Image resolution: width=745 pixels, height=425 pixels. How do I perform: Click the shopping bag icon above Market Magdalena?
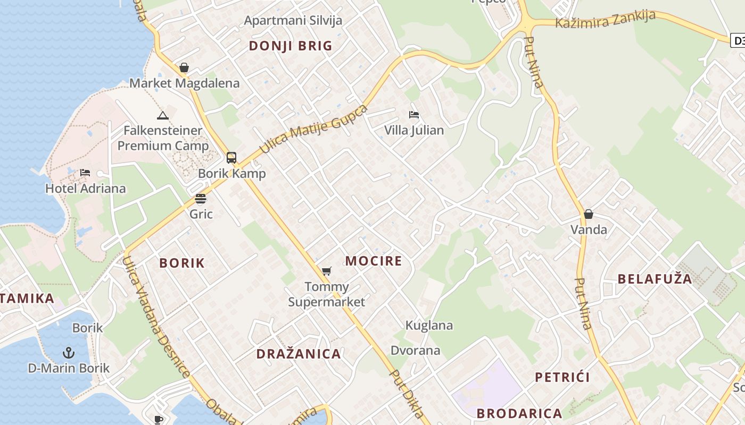(x=184, y=67)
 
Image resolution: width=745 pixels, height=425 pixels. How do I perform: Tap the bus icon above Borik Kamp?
(x=231, y=157)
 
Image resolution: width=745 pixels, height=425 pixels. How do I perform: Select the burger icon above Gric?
(x=201, y=199)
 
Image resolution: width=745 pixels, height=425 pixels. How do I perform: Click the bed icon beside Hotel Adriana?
(x=85, y=173)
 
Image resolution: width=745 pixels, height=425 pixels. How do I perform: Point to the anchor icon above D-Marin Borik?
(x=69, y=352)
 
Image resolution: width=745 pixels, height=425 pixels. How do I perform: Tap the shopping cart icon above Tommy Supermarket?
(x=327, y=271)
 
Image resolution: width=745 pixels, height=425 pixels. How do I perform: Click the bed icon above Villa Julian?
(x=414, y=115)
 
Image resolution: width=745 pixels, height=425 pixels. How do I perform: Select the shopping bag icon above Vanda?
(x=589, y=214)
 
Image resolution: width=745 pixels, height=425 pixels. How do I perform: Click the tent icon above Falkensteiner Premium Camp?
(x=163, y=115)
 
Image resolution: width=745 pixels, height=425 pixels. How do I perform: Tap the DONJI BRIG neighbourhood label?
(x=291, y=46)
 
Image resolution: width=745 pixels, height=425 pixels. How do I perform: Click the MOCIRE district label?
(x=374, y=261)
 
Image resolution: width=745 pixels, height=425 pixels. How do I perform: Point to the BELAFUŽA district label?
(x=655, y=279)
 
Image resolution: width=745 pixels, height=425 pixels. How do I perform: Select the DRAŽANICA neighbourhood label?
(x=299, y=354)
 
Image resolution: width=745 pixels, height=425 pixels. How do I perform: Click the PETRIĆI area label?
(x=562, y=378)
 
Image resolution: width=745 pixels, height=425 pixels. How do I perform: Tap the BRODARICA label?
(x=519, y=413)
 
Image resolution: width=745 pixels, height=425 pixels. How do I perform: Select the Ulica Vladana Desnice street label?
(x=155, y=317)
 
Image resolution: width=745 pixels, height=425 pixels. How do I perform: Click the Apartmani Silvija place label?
(x=293, y=21)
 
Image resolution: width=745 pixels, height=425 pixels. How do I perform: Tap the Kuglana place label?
(x=429, y=325)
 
